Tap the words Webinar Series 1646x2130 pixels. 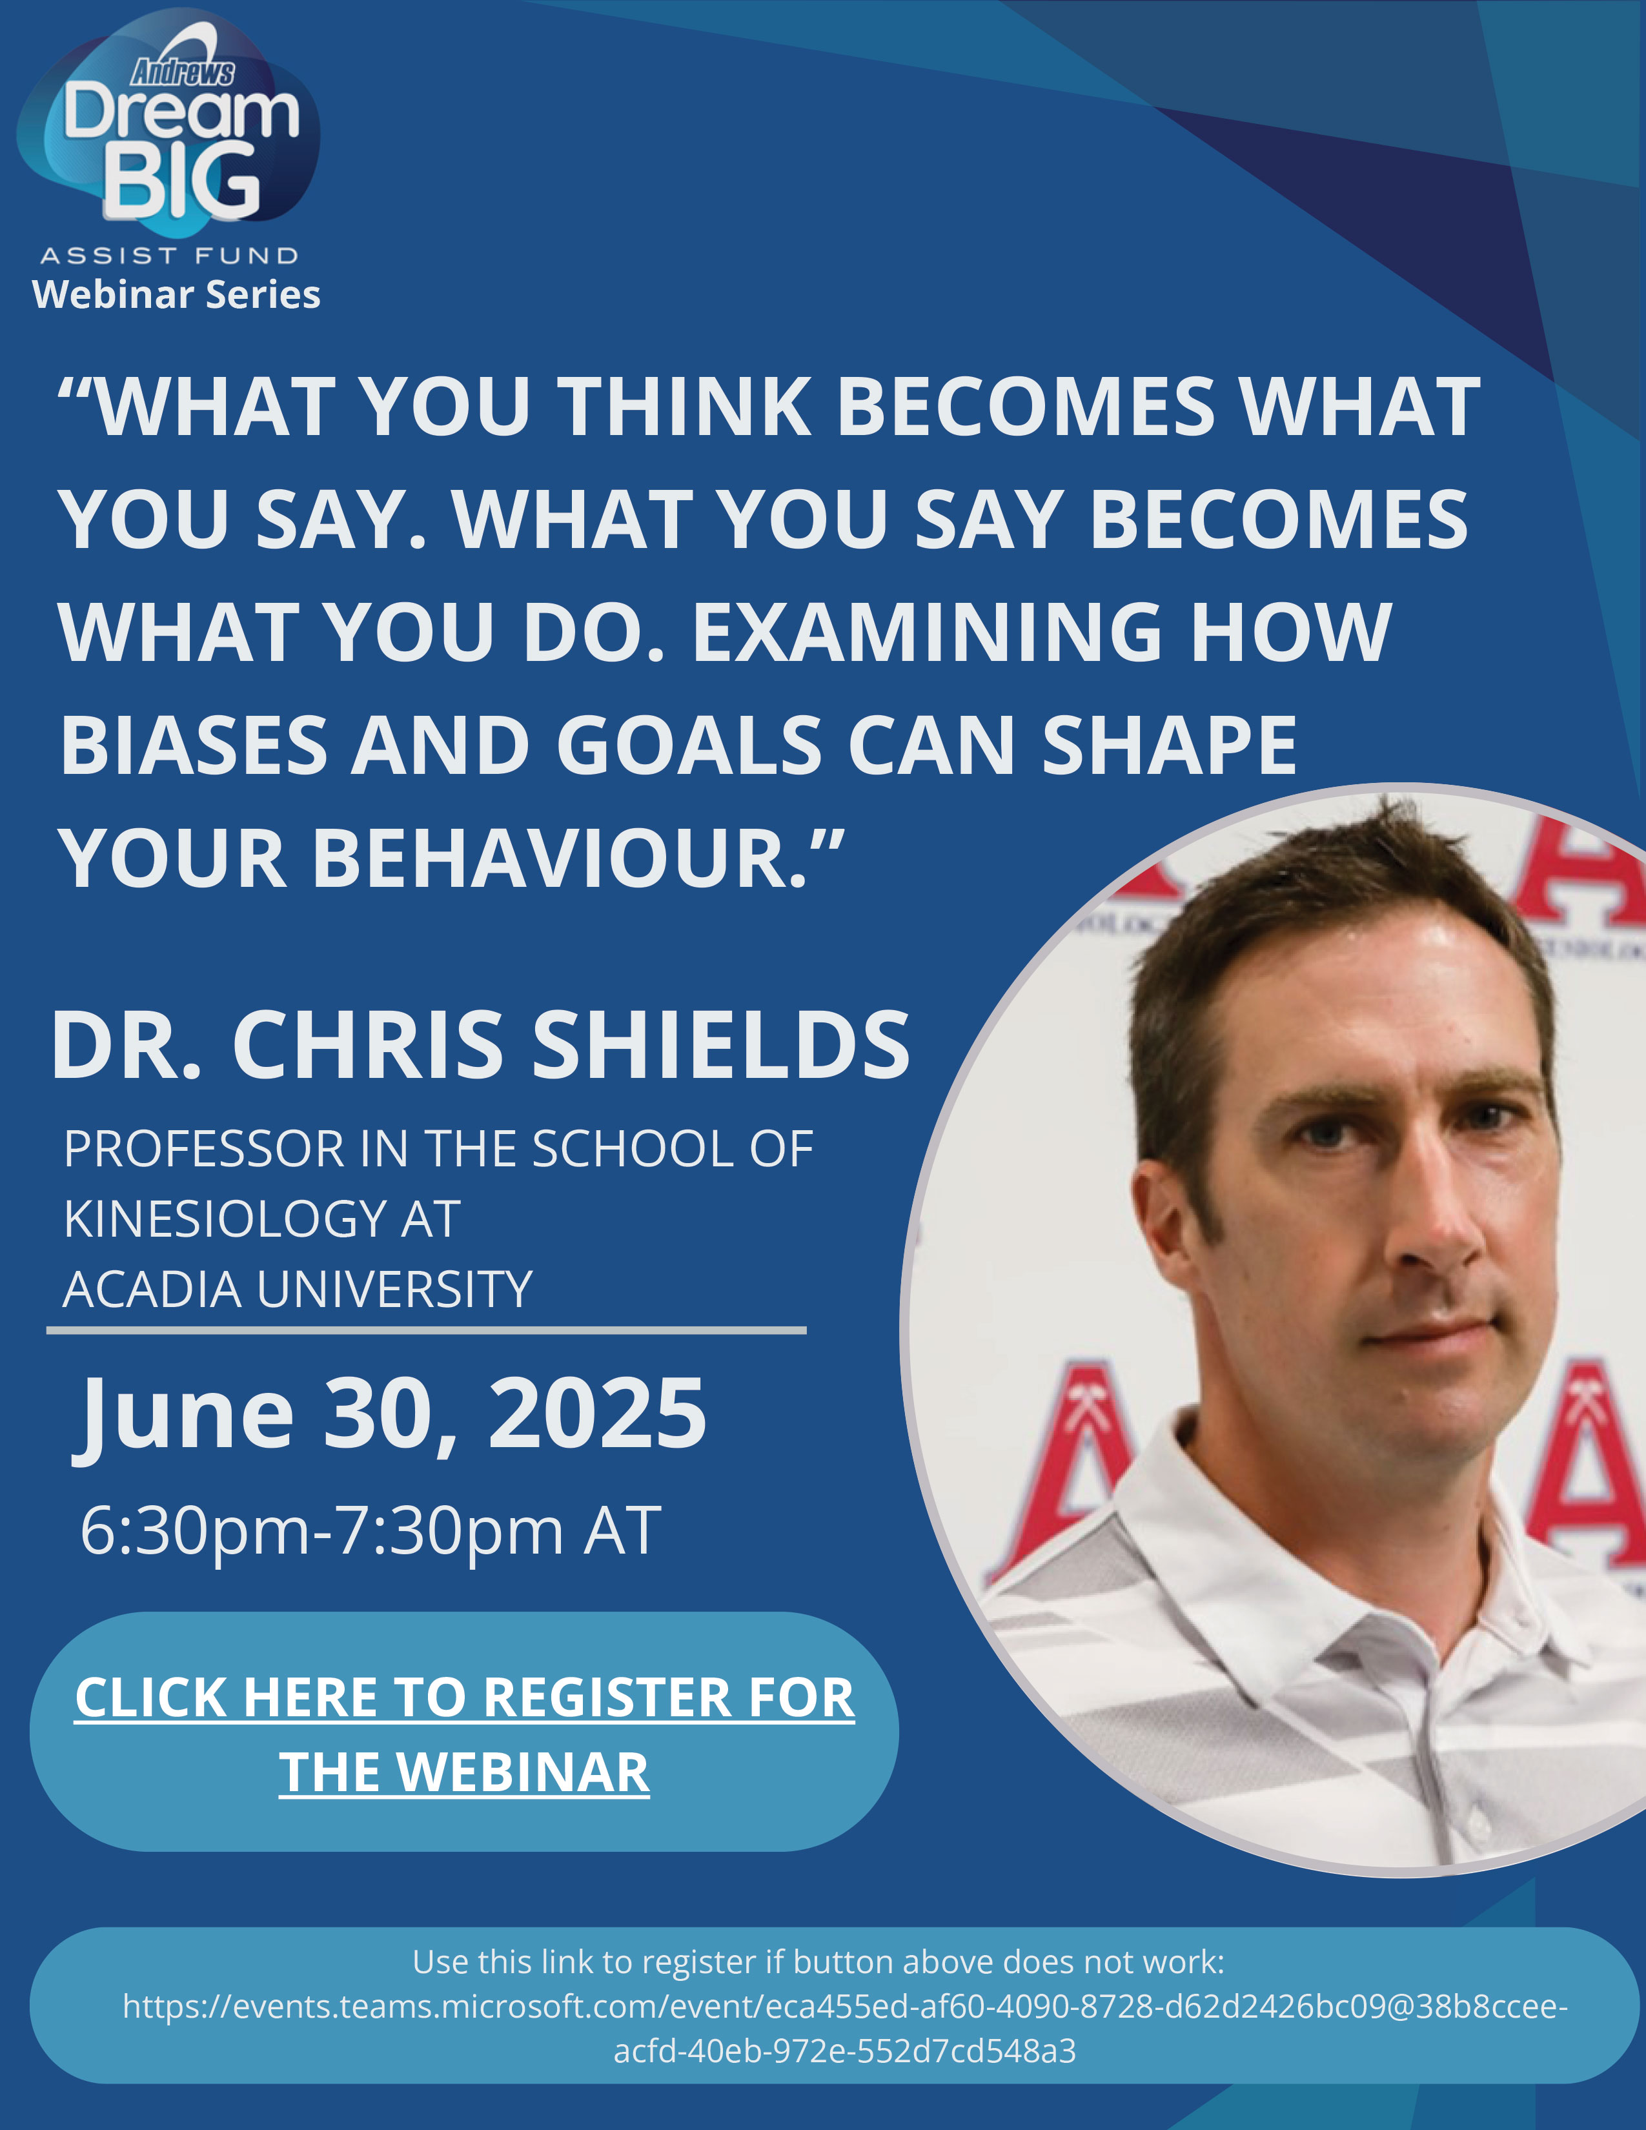(176, 294)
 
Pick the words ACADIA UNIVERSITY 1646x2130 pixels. (298, 1290)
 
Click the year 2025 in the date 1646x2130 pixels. (597, 1414)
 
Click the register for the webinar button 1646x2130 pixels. (464, 1732)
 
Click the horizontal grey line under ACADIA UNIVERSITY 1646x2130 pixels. (426, 1329)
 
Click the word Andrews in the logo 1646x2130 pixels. (183, 72)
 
